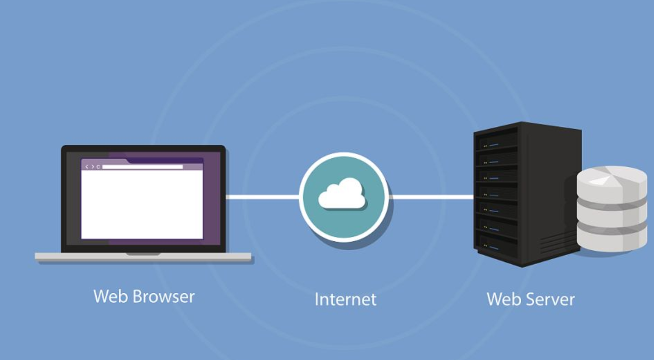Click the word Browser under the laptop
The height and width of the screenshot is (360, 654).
[163, 296]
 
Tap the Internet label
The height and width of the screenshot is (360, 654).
[346, 299]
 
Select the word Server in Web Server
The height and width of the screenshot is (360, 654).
[551, 299]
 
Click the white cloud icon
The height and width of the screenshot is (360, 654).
[342, 194]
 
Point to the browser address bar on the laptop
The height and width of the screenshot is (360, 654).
[142, 167]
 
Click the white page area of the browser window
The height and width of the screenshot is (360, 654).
[142, 204]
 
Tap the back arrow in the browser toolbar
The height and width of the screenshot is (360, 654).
[87, 167]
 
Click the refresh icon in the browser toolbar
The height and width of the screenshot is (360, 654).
[98, 167]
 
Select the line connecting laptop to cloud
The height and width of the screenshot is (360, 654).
[262, 196]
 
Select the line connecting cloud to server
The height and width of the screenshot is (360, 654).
[431, 196]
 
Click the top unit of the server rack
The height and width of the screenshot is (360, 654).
[496, 142]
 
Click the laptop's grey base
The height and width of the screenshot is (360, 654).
[143, 257]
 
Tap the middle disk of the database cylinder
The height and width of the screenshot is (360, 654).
[605, 212]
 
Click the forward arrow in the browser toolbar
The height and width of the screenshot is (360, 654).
[92, 167]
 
